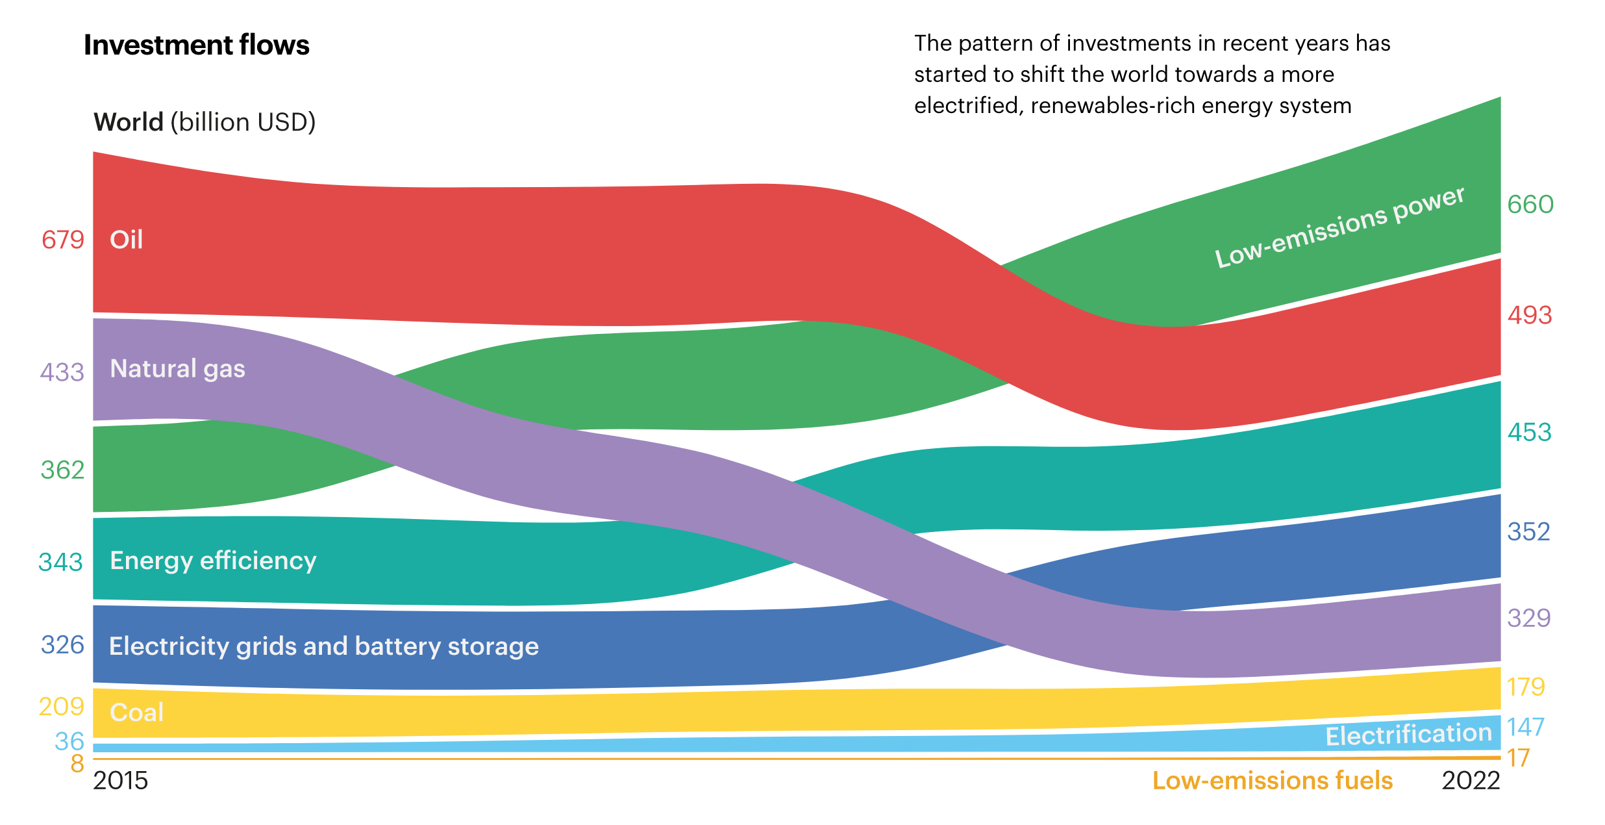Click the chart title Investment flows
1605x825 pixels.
[x=197, y=45]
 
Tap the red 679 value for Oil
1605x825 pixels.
[x=63, y=240]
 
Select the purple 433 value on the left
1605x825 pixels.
[x=62, y=372]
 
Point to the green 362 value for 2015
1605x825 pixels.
[x=63, y=470]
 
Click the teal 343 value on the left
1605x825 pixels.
[x=61, y=562]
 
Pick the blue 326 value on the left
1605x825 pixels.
[x=63, y=644]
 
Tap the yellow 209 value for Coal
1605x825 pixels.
[x=62, y=706]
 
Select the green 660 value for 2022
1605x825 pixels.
[x=1530, y=205]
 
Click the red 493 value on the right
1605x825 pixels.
[x=1530, y=315]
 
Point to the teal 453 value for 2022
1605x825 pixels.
[x=1530, y=432]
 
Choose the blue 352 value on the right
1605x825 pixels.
[x=1529, y=531]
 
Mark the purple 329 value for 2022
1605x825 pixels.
[x=1529, y=617]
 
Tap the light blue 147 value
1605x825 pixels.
[x=1526, y=727]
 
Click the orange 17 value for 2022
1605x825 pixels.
[x=1519, y=757]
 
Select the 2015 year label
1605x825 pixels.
[x=121, y=780]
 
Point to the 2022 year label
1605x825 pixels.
[x=1471, y=780]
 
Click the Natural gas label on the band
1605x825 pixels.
[x=178, y=369]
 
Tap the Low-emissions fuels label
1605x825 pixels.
[x=1273, y=780]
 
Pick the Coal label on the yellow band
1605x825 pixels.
[x=136, y=713]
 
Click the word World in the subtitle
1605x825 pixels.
[x=129, y=122]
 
